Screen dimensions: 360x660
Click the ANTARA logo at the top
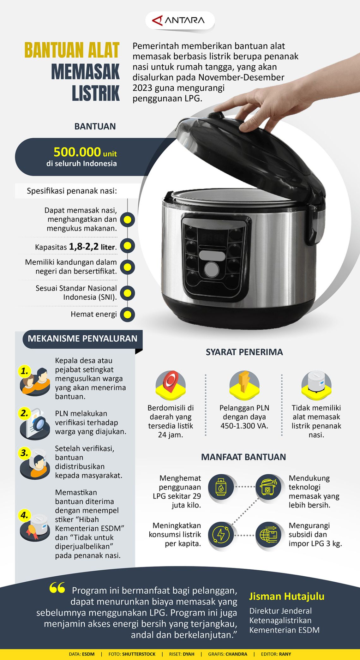click(x=179, y=21)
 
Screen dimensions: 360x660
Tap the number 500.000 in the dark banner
click(x=77, y=152)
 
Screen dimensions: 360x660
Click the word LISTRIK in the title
click(x=96, y=93)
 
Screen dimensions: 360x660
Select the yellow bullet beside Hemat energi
click(x=127, y=315)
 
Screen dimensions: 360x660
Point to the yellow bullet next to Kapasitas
click(x=127, y=246)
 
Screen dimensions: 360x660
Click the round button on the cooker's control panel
click(x=212, y=269)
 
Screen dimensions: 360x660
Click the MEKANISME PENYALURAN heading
click(x=82, y=339)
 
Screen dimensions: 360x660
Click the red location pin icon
click(x=171, y=383)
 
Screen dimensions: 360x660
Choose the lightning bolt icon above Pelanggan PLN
click(x=244, y=383)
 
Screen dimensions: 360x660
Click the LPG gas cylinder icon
click(x=221, y=487)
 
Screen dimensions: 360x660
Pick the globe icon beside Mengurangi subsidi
click(x=268, y=535)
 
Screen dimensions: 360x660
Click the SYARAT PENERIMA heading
click(x=244, y=352)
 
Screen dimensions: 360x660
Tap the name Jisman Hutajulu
click(x=287, y=596)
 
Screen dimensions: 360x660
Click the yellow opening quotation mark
click(x=57, y=588)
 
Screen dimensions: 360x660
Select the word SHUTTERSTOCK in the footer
click(x=139, y=654)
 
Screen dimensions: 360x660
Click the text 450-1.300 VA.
click(x=244, y=426)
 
